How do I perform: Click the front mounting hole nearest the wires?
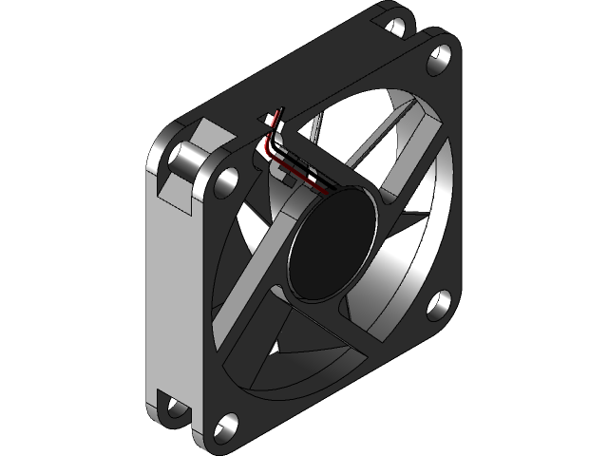[226, 178]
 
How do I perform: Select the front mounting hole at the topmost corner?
[439, 59]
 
